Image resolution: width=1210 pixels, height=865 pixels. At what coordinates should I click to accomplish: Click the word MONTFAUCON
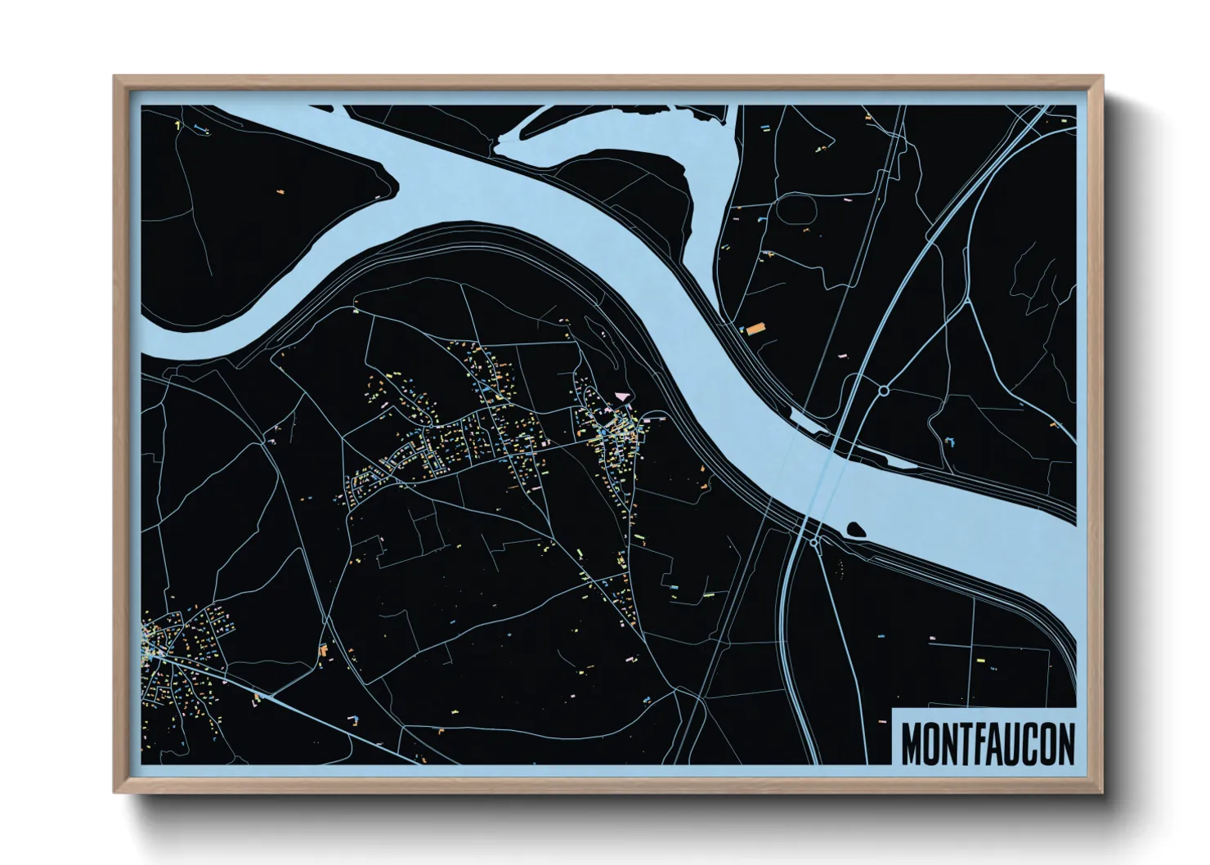[988, 742]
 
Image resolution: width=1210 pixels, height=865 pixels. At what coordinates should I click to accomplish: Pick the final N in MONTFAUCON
[1066, 742]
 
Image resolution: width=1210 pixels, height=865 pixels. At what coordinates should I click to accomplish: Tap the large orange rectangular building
[753, 329]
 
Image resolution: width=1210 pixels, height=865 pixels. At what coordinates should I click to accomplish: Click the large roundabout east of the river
[884, 391]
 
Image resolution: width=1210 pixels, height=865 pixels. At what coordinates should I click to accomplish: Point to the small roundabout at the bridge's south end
[814, 540]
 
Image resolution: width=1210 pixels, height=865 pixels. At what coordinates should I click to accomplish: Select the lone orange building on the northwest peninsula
[280, 192]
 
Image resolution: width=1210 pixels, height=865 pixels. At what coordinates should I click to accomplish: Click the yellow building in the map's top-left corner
[177, 125]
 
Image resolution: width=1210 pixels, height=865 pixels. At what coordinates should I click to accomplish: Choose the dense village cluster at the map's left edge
[176, 650]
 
